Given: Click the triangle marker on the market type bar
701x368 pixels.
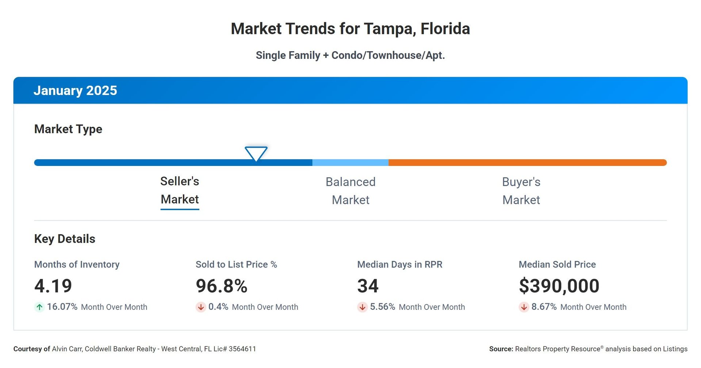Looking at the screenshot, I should [256, 153].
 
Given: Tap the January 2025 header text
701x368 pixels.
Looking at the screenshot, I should [75, 91].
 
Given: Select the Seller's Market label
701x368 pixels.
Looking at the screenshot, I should [180, 190].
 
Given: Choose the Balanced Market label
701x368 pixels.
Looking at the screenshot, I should [350, 191].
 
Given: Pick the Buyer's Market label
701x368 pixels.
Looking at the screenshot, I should [521, 191].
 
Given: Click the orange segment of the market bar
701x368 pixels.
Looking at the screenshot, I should [527, 163].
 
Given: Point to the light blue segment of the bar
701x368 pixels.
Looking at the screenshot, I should [350, 163].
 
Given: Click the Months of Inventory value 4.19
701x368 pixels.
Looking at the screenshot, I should [53, 286].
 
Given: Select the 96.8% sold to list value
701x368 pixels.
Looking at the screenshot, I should [222, 286].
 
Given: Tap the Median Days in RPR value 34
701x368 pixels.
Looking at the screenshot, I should [368, 286].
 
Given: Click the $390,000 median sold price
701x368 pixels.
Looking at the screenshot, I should [559, 286].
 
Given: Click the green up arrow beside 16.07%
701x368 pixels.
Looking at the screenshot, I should [39, 307].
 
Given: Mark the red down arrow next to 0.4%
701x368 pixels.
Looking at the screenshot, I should [201, 307].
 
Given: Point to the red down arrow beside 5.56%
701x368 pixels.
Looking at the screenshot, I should [362, 307].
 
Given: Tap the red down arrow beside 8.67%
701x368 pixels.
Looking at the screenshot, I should [524, 307].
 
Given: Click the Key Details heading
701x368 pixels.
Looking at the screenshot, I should [65, 239].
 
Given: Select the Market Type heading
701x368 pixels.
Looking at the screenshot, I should [68, 129].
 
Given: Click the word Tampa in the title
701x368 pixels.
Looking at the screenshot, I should [390, 29].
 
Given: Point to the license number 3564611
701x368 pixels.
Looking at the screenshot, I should [242, 349].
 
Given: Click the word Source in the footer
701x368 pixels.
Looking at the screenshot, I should [501, 349].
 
